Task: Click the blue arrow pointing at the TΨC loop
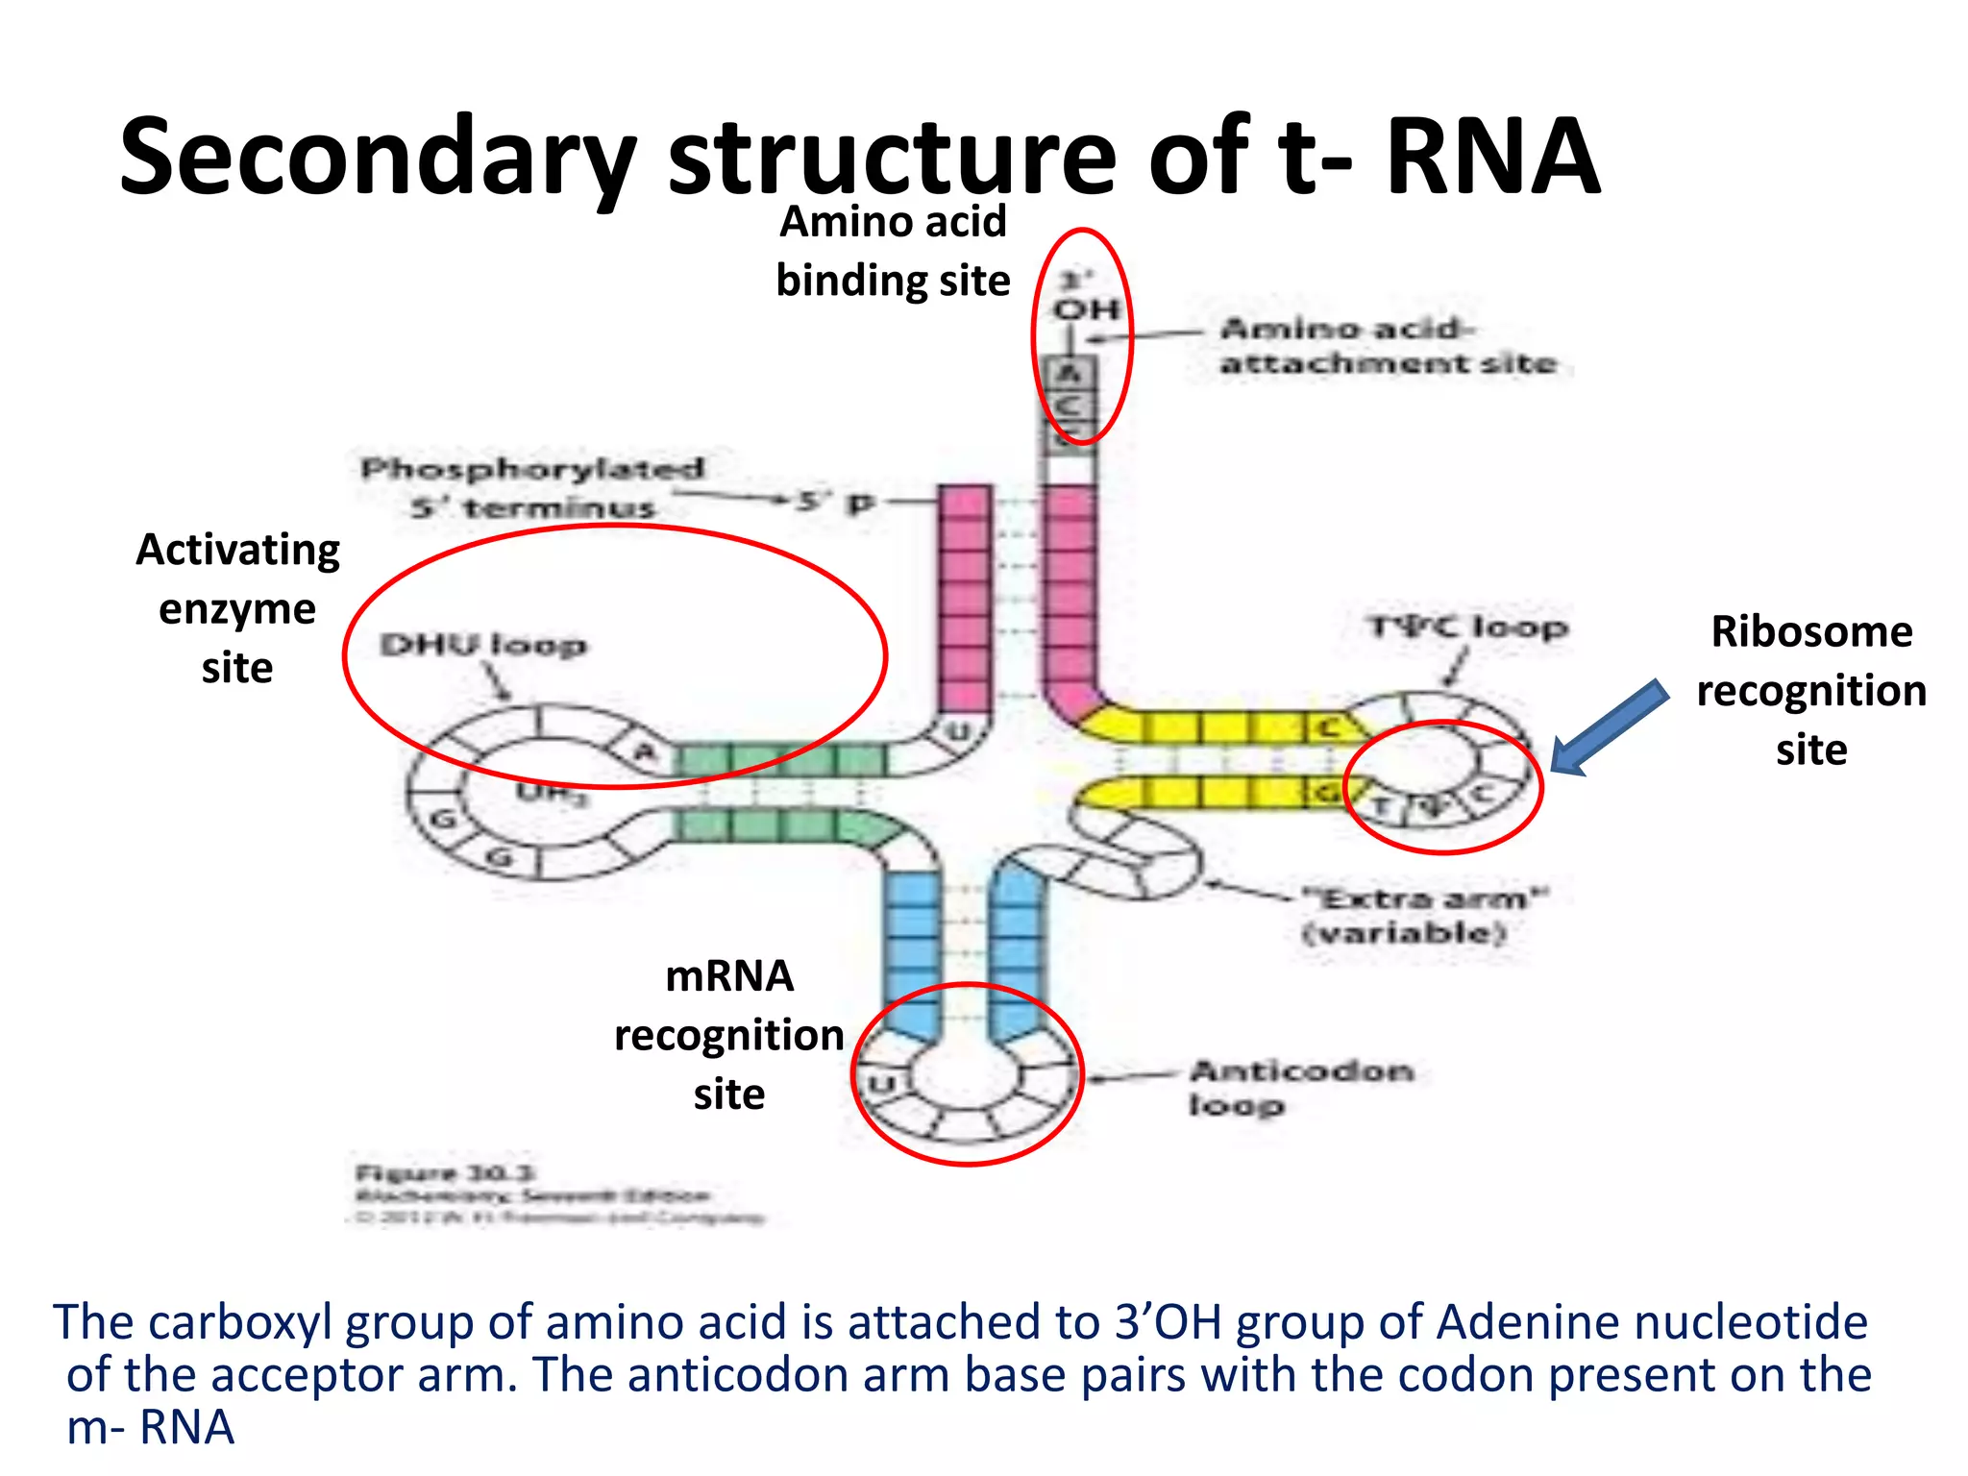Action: click(1609, 728)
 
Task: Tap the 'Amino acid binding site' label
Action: click(893, 251)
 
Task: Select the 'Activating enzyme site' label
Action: click(237, 608)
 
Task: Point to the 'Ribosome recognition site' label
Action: click(1811, 690)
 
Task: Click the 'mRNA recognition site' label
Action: click(729, 1035)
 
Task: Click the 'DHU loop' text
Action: click(482, 645)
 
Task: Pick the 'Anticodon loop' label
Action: click(1300, 1087)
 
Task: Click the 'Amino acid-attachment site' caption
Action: click(1387, 346)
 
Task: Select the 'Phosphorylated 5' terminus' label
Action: click(532, 487)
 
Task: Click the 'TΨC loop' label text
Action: click(1467, 627)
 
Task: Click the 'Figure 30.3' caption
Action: click(444, 1173)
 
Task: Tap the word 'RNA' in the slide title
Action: click(1491, 157)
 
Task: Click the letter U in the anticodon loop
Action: click(880, 1085)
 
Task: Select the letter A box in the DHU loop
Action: click(645, 750)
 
